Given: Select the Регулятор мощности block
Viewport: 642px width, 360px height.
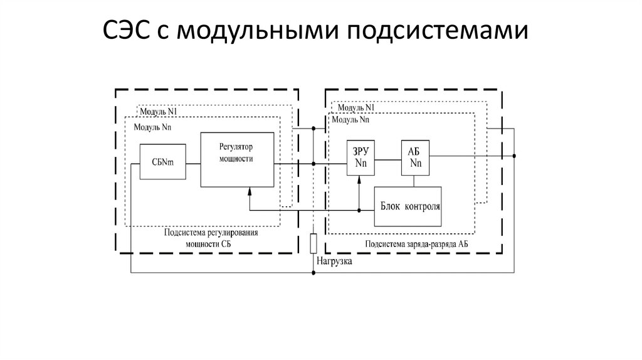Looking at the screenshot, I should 237,159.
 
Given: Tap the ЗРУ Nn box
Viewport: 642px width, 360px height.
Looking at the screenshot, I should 360,158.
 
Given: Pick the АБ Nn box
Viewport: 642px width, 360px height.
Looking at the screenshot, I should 415,158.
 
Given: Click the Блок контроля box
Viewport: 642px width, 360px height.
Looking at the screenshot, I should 408,206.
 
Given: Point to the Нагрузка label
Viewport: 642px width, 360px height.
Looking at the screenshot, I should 334,262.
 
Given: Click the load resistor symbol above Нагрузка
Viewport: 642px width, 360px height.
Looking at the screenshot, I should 313,243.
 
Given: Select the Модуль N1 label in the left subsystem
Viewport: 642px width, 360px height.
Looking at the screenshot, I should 160,112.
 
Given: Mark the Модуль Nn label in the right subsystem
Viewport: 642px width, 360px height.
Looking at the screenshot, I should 350,119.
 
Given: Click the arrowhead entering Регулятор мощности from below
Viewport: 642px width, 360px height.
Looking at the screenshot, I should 250,191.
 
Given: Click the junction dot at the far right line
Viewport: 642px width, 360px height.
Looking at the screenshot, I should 514,156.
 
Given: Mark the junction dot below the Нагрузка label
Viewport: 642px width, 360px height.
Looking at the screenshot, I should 313,273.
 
